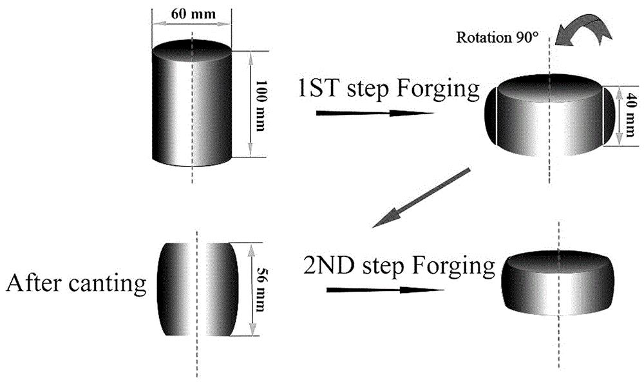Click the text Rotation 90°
[497, 36]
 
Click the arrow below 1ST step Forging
[374, 114]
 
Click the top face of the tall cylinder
[191, 50]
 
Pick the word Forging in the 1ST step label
[439, 89]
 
